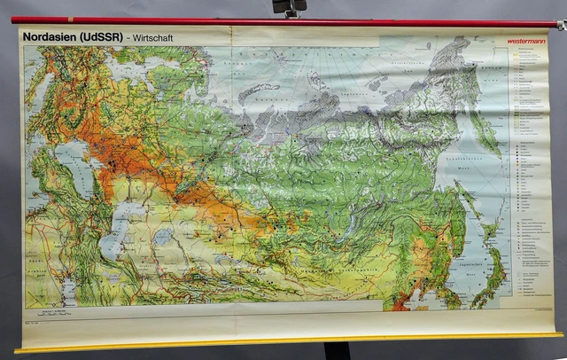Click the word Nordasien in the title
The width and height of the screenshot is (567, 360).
pos(51,36)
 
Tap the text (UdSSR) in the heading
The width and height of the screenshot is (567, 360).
pos(100,36)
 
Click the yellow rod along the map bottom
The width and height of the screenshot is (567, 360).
pos(283,340)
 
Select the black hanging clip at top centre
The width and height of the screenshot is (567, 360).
pos(288,7)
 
